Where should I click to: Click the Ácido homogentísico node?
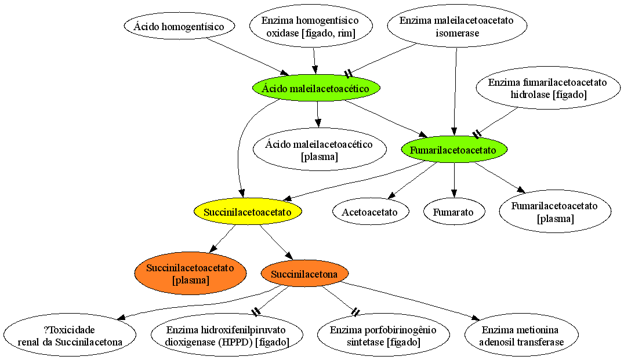point(179,26)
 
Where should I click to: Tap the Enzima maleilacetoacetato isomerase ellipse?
point(457,26)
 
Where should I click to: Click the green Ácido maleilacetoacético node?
point(316,88)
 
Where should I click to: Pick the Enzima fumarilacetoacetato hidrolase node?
point(548,88)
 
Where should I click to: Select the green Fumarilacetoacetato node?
point(454,150)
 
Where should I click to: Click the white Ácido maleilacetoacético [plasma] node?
point(320,150)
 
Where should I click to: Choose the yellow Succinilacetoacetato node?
point(248,212)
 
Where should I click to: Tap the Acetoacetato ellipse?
point(370,212)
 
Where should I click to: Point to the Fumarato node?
point(454,212)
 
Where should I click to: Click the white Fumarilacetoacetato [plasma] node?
point(555,212)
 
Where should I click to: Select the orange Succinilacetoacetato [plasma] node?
point(190,273)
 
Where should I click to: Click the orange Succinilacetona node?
point(304,274)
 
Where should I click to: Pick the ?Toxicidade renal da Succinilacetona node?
point(70,335)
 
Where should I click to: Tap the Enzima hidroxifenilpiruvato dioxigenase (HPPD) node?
point(227,335)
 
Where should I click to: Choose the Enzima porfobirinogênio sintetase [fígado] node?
point(384,335)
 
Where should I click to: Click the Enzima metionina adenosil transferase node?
point(521,335)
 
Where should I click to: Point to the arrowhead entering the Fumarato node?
point(454,195)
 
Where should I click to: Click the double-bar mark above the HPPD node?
point(256,312)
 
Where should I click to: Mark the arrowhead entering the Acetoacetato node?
point(391,195)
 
